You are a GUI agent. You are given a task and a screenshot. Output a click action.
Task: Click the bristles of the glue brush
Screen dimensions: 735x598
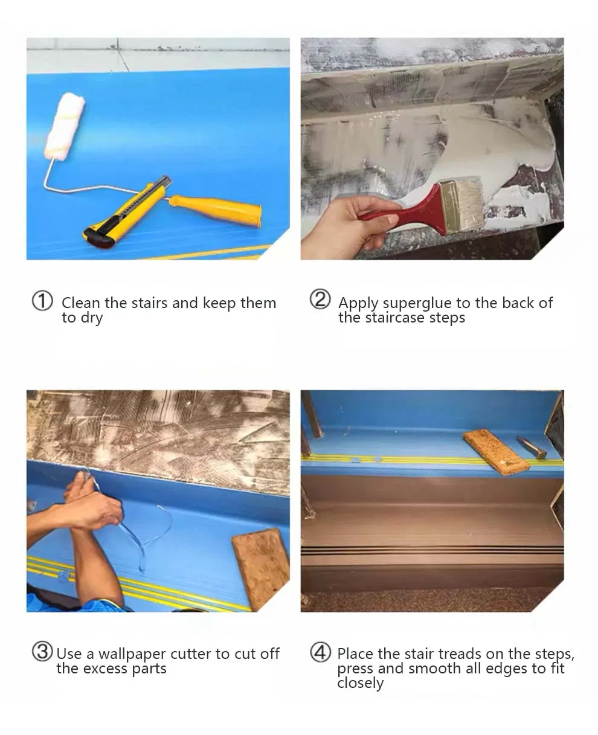[x=463, y=206]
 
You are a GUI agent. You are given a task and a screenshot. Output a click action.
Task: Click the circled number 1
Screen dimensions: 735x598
[x=42, y=301]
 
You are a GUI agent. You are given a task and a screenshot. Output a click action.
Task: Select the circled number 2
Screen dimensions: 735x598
[x=320, y=300]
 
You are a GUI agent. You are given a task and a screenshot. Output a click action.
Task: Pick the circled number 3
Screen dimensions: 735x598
[x=42, y=652]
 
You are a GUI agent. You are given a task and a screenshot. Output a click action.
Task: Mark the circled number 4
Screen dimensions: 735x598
[x=320, y=652]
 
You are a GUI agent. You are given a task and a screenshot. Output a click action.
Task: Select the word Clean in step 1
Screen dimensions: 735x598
[x=81, y=303]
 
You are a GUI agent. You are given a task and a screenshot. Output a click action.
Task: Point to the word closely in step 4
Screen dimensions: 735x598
[x=360, y=683]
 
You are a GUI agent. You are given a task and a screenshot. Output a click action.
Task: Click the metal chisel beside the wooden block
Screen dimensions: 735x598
[x=532, y=447]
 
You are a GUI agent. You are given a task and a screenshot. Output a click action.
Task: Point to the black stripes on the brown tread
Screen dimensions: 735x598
[x=431, y=550]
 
